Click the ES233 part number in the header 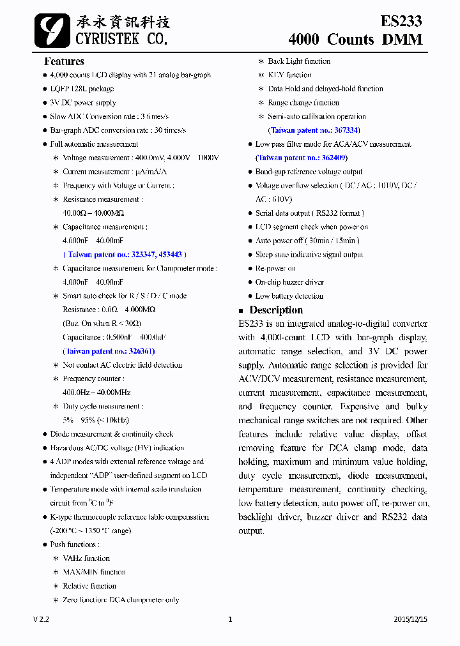click(x=401, y=21)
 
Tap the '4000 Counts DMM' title click(x=355, y=40)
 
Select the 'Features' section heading click(x=64, y=61)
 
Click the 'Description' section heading click(x=276, y=310)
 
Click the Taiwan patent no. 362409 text click(x=301, y=158)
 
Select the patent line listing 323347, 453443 click(x=122, y=255)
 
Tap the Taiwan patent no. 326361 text click(x=109, y=351)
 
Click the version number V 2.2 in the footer click(x=41, y=619)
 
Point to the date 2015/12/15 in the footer click(x=410, y=619)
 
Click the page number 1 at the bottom click(x=230, y=619)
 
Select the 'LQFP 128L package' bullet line click(x=82, y=89)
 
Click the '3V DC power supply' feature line click(x=83, y=103)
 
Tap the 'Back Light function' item click(x=299, y=61)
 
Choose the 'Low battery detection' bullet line click(x=289, y=296)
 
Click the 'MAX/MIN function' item click(x=94, y=573)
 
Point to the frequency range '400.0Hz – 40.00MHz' click(x=96, y=393)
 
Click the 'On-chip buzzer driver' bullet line click(x=289, y=282)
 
